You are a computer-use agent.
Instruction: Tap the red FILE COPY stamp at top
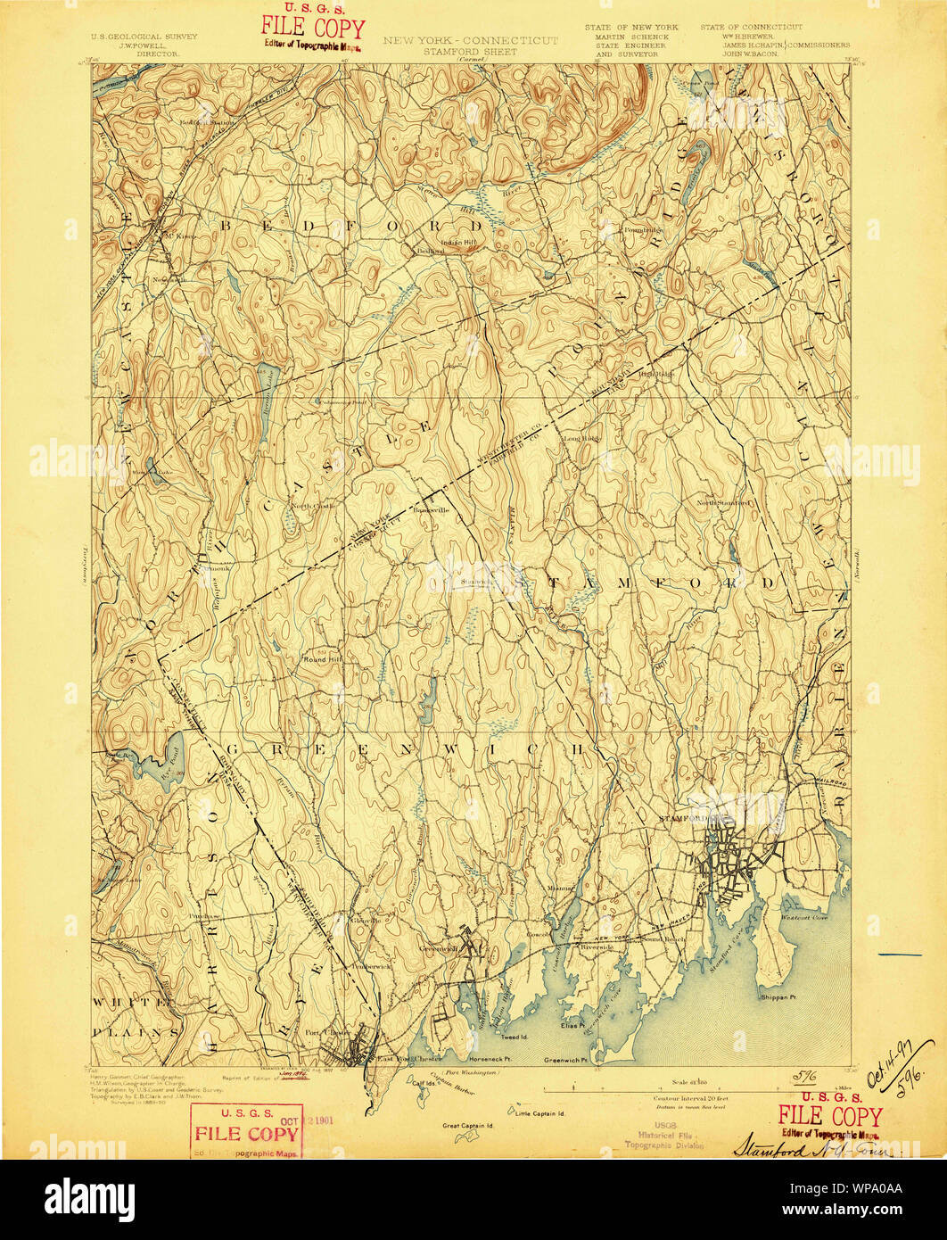point(312,30)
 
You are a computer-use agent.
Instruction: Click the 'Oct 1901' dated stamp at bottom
point(246,1131)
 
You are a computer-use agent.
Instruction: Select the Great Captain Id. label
point(468,1125)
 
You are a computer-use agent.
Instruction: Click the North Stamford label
point(725,503)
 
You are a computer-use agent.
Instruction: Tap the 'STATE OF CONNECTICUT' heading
point(751,28)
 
